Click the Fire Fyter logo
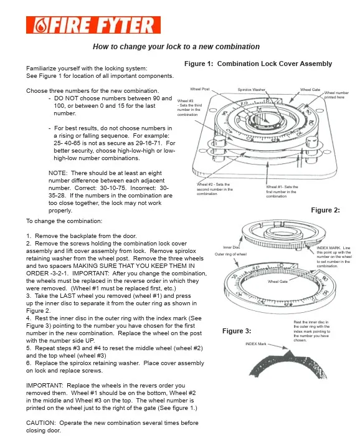[93, 25]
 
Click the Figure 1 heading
[258, 64]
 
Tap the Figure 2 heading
[325, 210]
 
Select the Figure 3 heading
[237, 331]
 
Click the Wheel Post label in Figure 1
[200, 89]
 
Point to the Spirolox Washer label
[251, 90]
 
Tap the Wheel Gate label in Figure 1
[310, 90]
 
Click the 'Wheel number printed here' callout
[336, 95]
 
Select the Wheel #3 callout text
[189, 108]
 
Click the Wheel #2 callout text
[215, 189]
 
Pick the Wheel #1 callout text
[282, 191]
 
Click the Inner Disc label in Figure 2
[231, 247]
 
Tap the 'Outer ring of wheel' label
[230, 254]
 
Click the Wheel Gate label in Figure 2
[278, 282]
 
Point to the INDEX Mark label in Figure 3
[256, 344]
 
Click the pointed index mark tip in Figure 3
[288, 351]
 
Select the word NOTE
[58, 173]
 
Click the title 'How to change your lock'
[176, 47]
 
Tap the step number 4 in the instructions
[28, 318]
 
